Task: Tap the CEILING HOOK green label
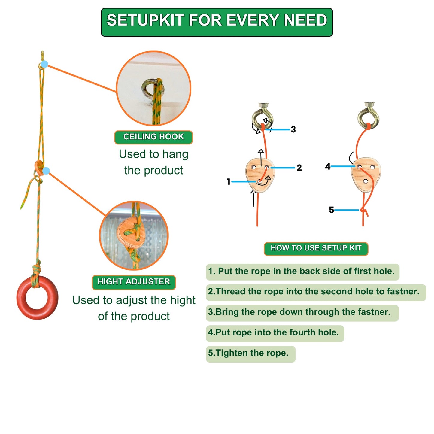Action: [x=153, y=137]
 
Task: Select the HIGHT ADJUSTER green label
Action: [x=134, y=282]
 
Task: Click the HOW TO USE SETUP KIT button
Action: [x=316, y=248]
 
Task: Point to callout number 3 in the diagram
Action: [x=293, y=129]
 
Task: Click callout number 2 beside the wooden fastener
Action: [x=299, y=168]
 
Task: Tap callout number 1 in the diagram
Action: [x=229, y=181]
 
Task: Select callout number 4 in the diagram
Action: [x=328, y=166]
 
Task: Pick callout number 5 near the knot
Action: [x=331, y=210]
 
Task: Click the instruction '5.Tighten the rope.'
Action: [x=248, y=353]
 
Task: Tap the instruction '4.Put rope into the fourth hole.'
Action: [x=273, y=332]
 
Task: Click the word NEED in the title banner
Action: [x=305, y=20]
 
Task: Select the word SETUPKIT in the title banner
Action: [x=145, y=20]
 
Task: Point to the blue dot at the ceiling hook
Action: [x=44, y=64]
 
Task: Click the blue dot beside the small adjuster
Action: [x=46, y=171]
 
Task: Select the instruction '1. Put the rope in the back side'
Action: [x=301, y=271]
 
